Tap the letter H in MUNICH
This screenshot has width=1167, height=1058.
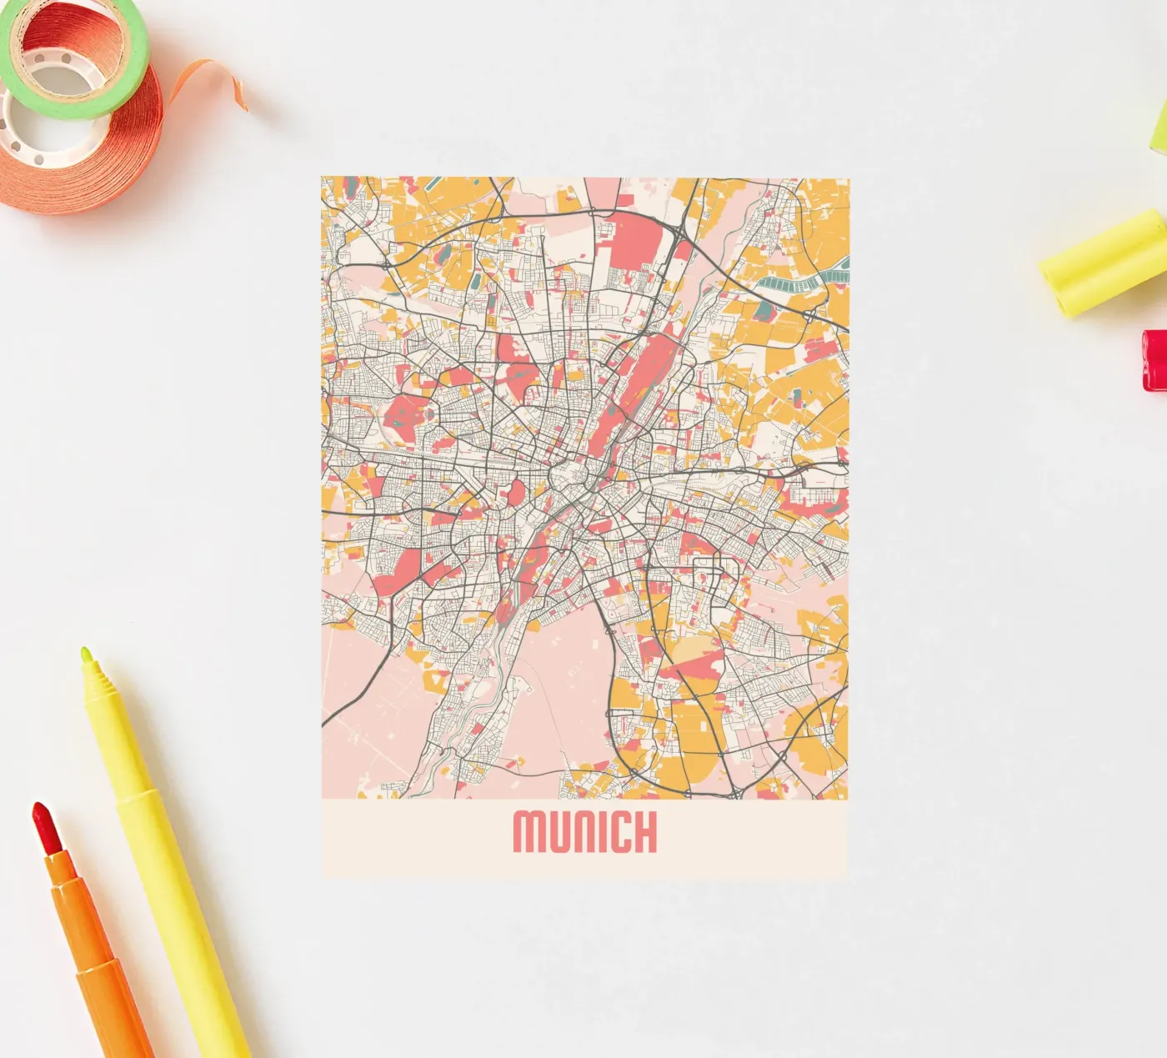tap(643, 832)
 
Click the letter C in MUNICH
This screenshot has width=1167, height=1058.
tap(613, 832)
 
